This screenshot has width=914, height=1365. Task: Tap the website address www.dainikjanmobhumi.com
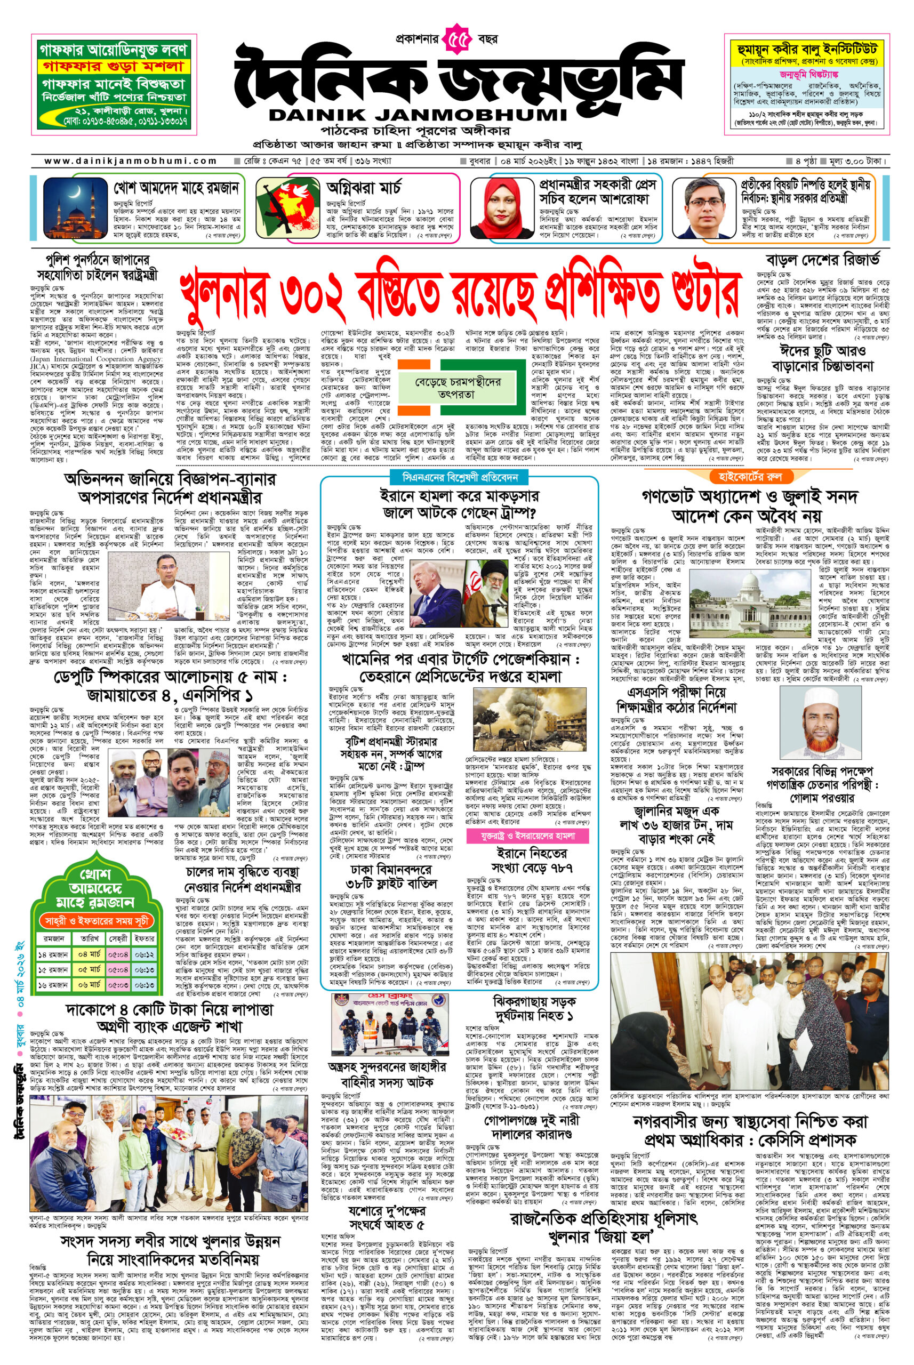[x=131, y=161]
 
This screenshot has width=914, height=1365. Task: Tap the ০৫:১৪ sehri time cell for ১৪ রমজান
[x=119, y=954]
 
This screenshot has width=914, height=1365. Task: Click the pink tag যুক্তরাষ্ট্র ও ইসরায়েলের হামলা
[x=528, y=836]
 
